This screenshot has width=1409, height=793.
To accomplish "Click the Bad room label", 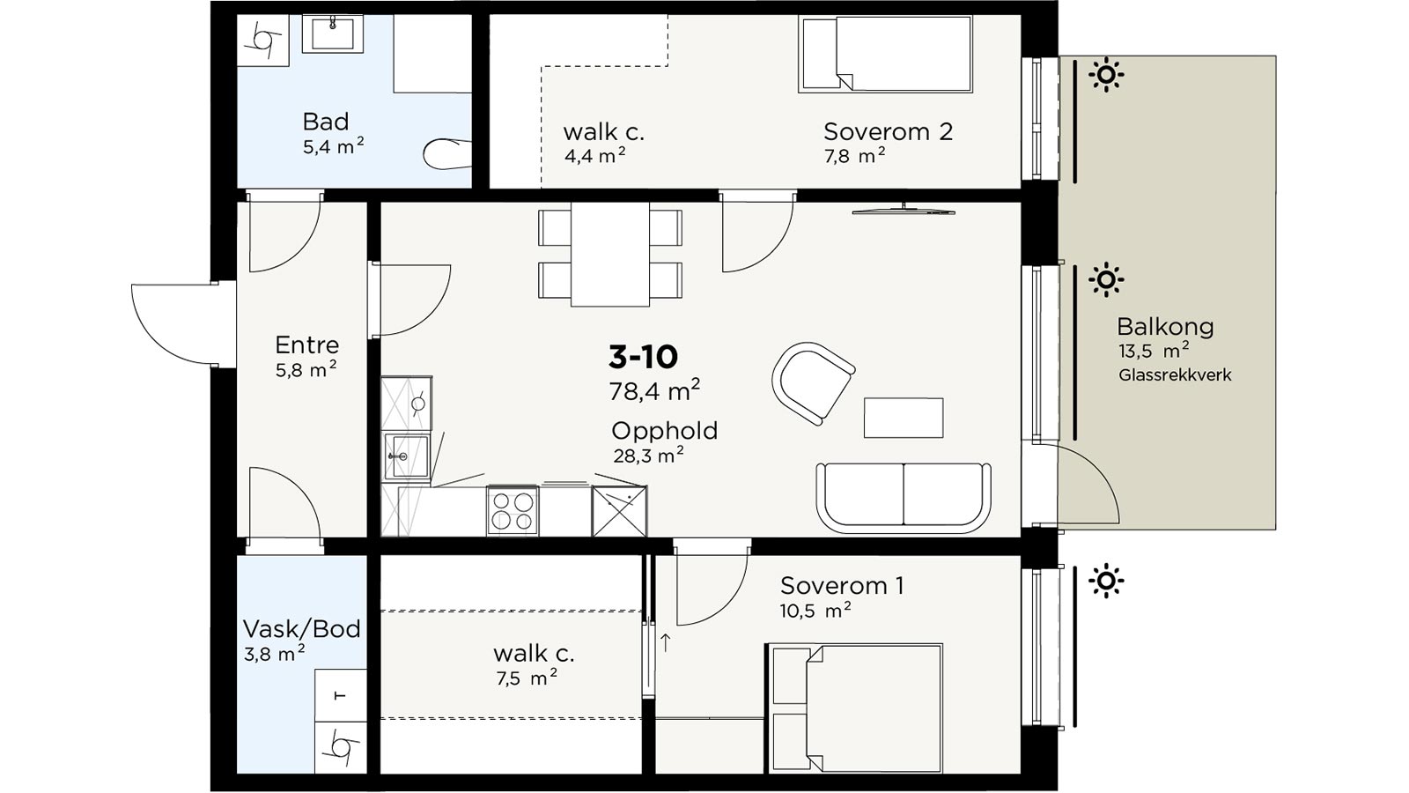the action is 325,121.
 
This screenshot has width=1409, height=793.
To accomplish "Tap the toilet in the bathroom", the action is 447,153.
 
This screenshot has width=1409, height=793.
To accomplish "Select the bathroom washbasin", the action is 333,33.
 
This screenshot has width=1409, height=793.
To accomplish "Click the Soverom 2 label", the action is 888,131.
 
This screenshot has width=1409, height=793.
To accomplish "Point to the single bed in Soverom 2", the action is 886,54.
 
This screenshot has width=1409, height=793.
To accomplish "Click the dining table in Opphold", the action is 609,255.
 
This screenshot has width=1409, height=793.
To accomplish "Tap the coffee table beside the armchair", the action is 904,418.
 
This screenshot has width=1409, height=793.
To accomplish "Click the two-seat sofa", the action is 904,498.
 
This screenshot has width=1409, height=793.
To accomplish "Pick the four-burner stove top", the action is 513,510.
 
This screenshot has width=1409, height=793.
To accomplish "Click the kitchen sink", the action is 406,456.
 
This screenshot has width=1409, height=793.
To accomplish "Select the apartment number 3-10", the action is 643,357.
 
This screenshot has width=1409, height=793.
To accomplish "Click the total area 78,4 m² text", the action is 654,390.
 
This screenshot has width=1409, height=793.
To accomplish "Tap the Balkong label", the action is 1165,327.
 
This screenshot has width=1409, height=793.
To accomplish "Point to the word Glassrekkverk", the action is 1175,375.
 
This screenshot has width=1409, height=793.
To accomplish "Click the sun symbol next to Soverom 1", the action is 1106,581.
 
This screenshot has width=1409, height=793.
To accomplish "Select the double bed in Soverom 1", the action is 855,708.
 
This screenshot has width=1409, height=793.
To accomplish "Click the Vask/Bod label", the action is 302,629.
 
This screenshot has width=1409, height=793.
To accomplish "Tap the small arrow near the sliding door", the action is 666,642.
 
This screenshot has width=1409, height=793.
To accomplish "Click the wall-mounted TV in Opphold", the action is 904,211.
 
